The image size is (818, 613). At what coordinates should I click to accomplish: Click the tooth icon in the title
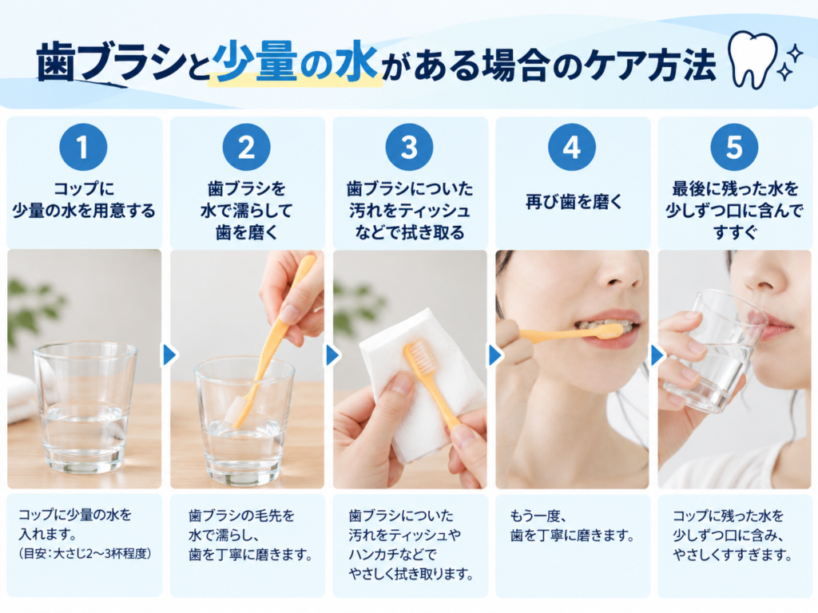[754, 60]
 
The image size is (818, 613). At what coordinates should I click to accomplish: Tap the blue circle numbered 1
[83, 147]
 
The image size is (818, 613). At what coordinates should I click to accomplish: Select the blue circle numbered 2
[246, 147]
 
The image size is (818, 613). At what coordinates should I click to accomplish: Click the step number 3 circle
[409, 147]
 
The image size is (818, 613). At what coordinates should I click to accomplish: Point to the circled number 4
[572, 147]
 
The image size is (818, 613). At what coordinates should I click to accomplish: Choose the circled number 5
[734, 147]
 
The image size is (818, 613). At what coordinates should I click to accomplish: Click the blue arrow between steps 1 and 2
[170, 355]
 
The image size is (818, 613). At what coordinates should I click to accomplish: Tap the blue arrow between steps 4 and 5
[658, 355]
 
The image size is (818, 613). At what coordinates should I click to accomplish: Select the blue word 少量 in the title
[256, 63]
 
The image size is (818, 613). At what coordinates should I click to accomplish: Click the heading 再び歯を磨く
[574, 202]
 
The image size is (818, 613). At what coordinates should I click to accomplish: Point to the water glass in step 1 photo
[85, 405]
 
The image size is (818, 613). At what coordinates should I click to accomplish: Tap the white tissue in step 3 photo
[423, 386]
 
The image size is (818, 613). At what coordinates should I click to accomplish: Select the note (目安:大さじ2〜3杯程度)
[85, 554]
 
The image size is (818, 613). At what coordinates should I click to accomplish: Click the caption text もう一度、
[538, 516]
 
